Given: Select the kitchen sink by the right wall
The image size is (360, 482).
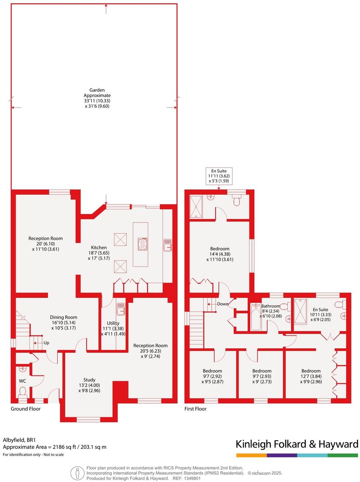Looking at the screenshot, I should [x=167, y=244].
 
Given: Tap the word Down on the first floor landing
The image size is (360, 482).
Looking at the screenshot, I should [x=222, y=304].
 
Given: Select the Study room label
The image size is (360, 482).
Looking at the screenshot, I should [x=90, y=385].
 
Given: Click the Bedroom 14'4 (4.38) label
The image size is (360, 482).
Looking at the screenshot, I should [x=220, y=254].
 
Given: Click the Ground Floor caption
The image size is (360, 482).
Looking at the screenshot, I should [x=25, y=409].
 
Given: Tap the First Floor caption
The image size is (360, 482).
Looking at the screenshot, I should [x=195, y=409].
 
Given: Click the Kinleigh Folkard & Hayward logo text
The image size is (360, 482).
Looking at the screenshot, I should [x=296, y=444].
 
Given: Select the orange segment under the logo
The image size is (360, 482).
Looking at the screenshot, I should [x=251, y=455].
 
